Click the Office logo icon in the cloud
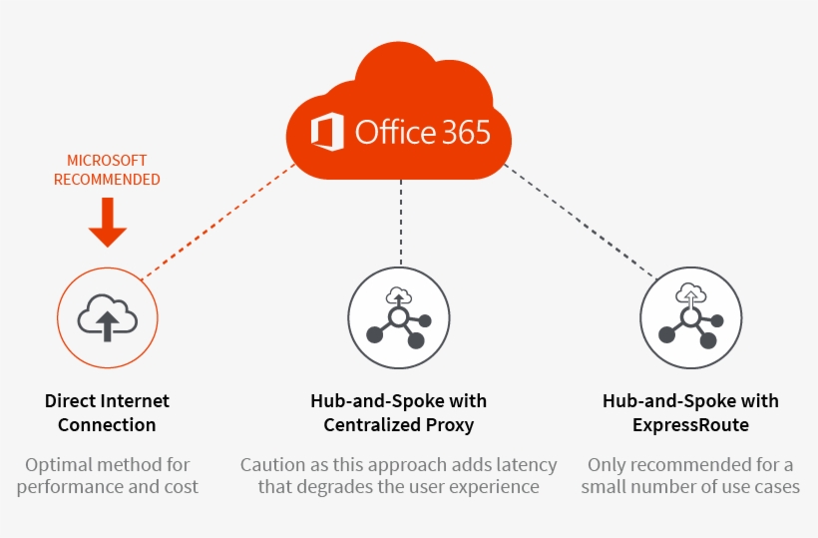(328, 133)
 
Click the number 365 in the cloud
(463, 132)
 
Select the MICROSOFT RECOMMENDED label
(107, 170)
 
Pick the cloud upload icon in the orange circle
(107, 315)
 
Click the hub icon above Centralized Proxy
(398, 317)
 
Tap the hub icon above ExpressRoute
(689, 317)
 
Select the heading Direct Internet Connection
(107, 412)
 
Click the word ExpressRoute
(690, 425)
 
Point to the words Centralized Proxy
(398, 425)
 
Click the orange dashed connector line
(219, 222)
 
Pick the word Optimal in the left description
(59, 465)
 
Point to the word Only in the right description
(608, 465)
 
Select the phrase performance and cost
(108, 487)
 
